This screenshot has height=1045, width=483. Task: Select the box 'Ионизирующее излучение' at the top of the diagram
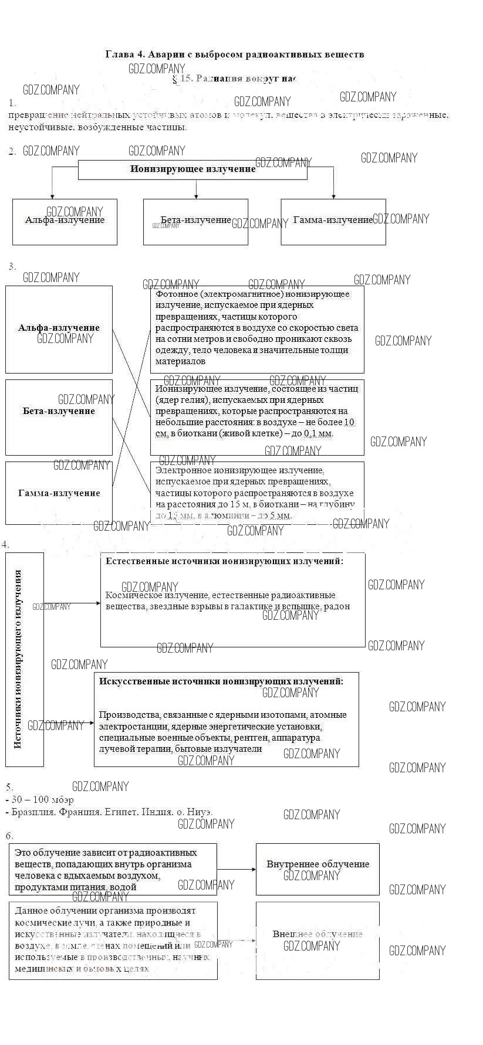click(192, 169)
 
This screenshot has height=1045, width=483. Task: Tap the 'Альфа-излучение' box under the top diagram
click(65, 221)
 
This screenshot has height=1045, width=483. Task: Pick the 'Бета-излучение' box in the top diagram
click(195, 221)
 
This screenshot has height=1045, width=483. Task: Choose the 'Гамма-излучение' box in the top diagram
click(333, 221)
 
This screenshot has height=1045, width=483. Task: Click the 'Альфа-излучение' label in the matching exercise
click(59, 328)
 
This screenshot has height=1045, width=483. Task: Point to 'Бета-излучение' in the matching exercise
click(59, 411)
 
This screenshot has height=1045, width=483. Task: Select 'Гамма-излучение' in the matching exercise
click(59, 493)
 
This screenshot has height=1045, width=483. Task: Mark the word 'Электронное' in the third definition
click(181, 470)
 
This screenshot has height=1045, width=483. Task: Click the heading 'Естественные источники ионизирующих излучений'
click(224, 561)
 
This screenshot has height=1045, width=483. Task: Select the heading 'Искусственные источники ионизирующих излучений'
click(221, 681)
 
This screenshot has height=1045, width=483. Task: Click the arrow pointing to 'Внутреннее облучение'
click(237, 870)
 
